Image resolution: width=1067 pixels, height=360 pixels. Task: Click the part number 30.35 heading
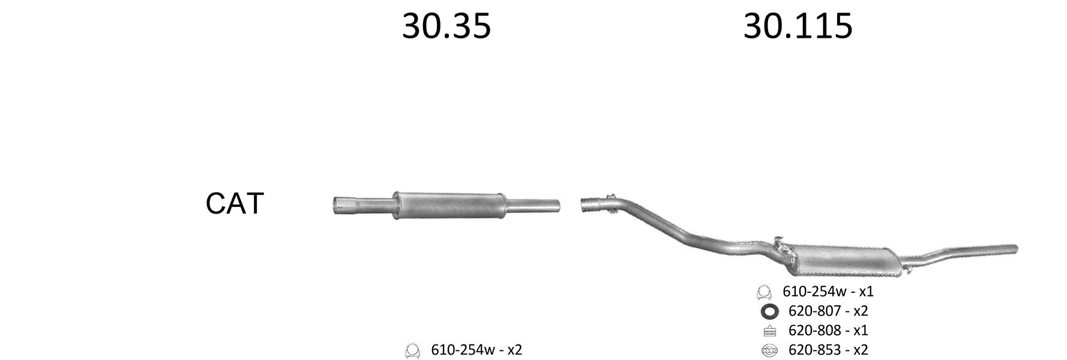click(446, 26)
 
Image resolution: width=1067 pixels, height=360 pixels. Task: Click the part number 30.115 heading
click(798, 26)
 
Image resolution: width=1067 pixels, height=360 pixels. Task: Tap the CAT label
click(235, 203)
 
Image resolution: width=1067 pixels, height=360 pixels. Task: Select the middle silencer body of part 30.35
click(449, 205)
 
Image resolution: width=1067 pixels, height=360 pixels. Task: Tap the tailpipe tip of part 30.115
click(1014, 248)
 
